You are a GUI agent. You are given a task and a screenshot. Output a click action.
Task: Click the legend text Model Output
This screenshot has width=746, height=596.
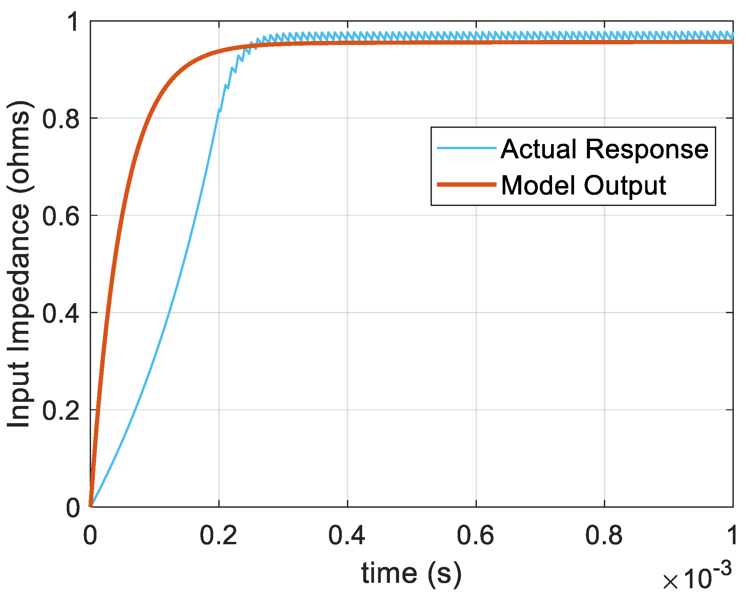click(x=584, y=186)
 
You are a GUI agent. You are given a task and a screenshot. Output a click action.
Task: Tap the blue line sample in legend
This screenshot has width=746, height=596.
click(x=467, y=148)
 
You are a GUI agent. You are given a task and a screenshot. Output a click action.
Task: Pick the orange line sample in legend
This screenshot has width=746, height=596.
click(x=467, y=185)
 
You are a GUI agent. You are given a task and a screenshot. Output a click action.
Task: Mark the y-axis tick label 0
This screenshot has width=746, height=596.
click(x=73, y=508)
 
